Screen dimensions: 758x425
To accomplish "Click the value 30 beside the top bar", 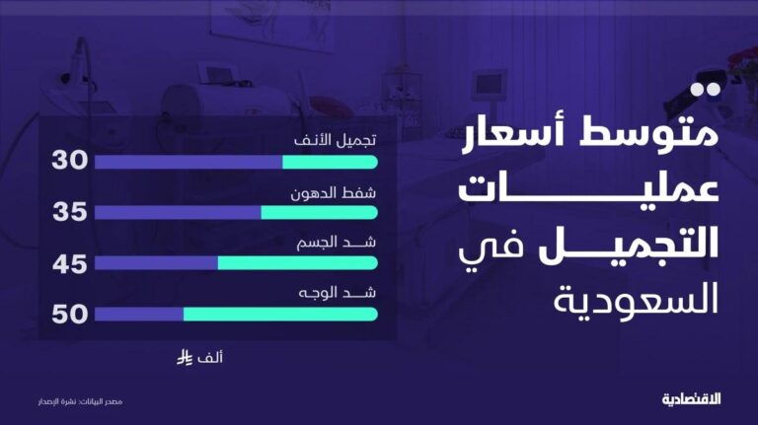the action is tap(70, 161).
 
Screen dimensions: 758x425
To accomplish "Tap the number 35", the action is tap(70, 212).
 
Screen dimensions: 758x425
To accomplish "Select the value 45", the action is tap(70, 264).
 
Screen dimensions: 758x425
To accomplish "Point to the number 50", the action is tap(70, 314).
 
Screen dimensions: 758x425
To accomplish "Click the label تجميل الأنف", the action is tap(335, 140).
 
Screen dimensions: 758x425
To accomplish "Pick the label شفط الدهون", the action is tap(333, 193).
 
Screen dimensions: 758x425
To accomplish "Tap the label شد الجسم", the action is tap(337, 243).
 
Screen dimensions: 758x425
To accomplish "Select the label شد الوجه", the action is tap(338, 293).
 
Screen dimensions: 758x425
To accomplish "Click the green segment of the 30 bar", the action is tap(331, 163).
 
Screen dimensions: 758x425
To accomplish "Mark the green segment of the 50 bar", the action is tap(281, 315).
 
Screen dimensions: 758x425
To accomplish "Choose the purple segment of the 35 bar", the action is tap(178, 213).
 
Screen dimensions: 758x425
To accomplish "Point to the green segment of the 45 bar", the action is tap(298, 262).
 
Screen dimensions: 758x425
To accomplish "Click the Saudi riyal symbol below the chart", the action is tap(185, 358).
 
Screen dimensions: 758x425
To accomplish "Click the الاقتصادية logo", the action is tap(691, 399).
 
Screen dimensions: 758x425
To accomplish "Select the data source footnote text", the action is tap(80, 401).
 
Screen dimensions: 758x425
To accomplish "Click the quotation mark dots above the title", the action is tap(706, 90).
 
